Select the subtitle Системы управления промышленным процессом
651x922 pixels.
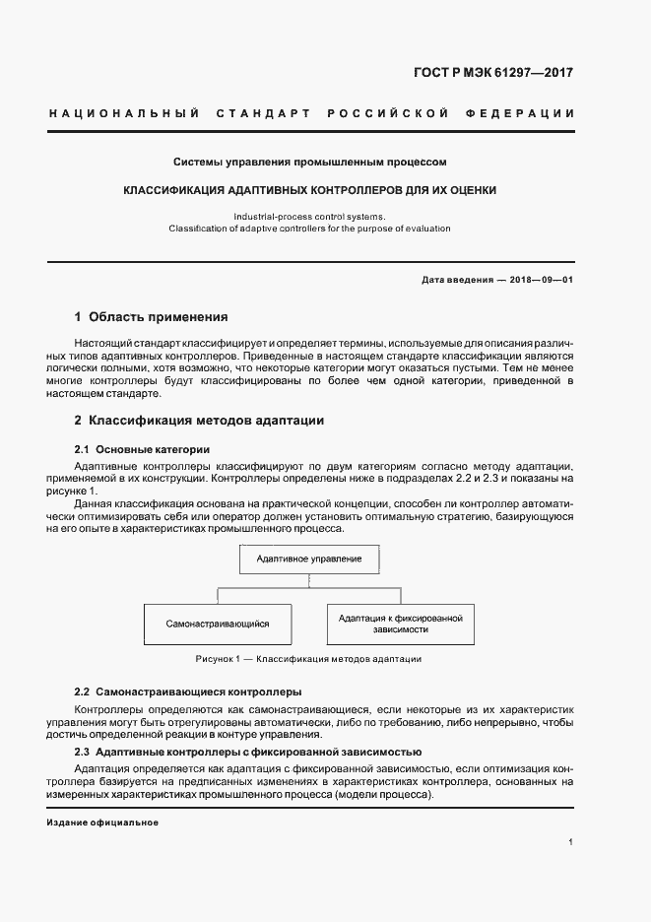pyautogui.click(x=310, y=160)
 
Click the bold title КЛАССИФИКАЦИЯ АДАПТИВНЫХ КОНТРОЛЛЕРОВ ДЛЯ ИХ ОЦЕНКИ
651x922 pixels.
pyautogui.click(x=310, y=189)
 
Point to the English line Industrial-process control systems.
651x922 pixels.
pyautogui.click(x=310, y=215)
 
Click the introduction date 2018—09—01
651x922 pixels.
pyautogui.click(x=541, y=279)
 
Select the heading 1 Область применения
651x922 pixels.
pyautogui.click(x=151, y=317)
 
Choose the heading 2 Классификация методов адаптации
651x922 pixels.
pyautogui.click(x=199, y=420)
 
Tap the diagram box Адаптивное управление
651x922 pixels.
pyautogui.click(x=309, y=560)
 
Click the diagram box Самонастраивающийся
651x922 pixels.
pyautogui.click(x=218, y=624)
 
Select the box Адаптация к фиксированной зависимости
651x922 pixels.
pyautogui.click(x=400, y=624)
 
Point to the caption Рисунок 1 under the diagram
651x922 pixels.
pyautogui.click(x=309, y=658)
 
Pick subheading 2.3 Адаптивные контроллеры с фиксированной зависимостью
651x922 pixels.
pyautogui.click(x=235, y=752)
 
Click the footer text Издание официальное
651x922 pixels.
pyautogui.click(x=102, y=823)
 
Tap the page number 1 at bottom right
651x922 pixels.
pyautogui.click(x=570, y=842)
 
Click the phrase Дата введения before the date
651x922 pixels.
pyautogui.click(x=457, y=279)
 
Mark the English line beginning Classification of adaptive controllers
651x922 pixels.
pyautogui.click(x=310, y=228)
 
